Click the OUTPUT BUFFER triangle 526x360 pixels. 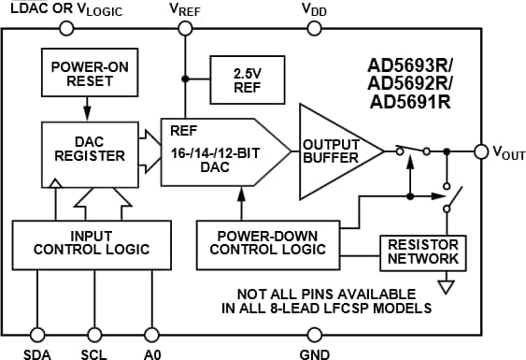click(x=332, y=151)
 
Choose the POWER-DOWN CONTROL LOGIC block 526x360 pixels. click(x=268, y=241)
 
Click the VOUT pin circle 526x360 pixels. click(x=480, y=151)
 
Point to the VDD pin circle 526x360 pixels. click(x=314, y=28)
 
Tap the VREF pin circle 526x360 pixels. click(x=186, y=28)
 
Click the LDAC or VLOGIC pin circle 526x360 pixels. click(x=65, y=28)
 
